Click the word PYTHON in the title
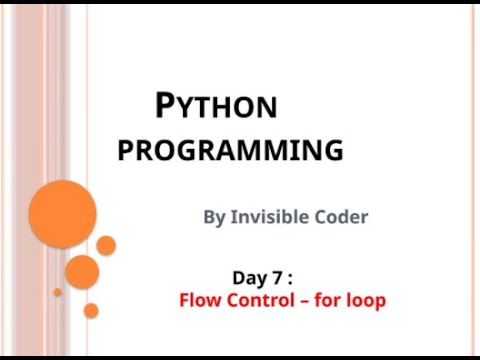point(217,106)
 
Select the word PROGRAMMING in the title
point(230,151)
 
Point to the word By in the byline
point(215,216)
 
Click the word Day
point(249,278)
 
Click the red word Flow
point(198,299)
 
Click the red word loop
point(367,300)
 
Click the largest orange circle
point(62,214)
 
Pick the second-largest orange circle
point(82,271)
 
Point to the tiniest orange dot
point(57,293)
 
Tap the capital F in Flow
point(184,299)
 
